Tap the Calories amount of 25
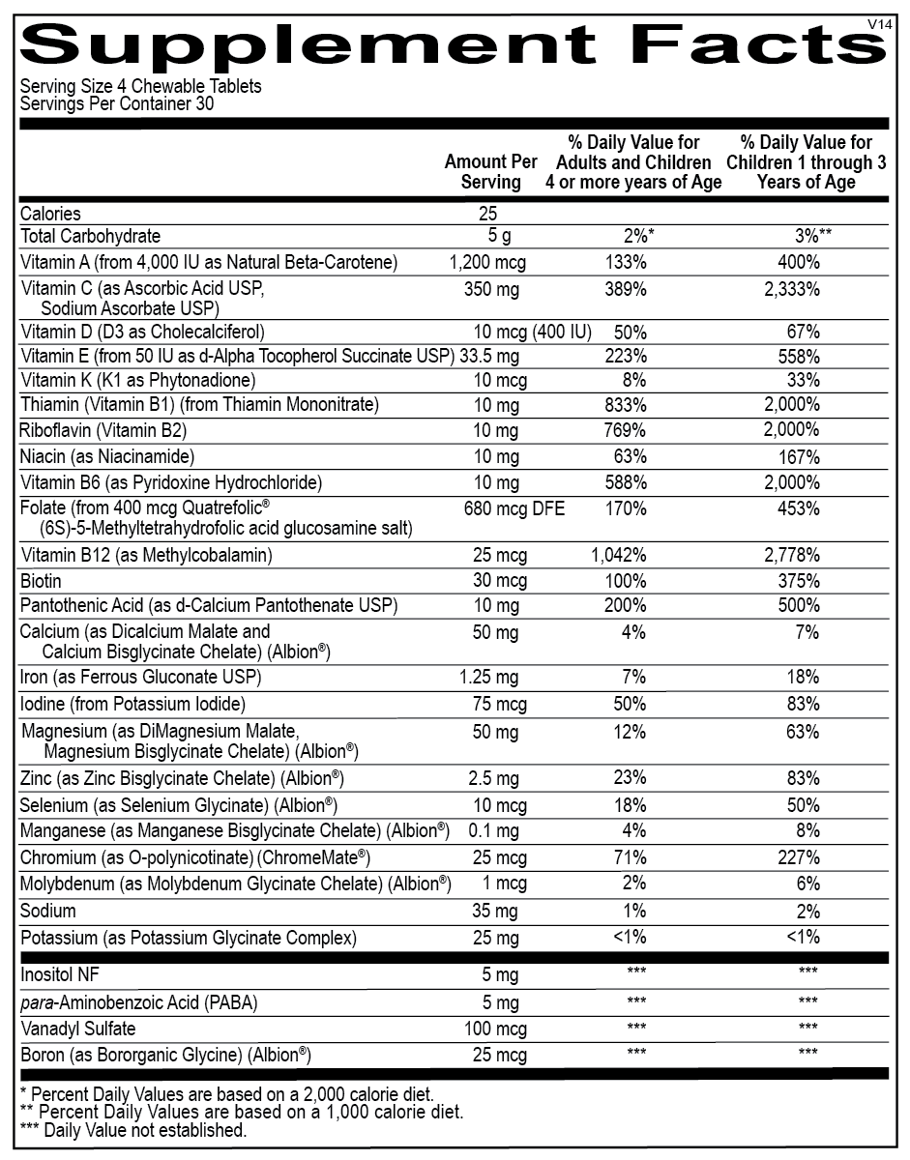(486, 214)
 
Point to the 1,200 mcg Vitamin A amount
(488, 262)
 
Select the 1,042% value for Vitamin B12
(619, 555)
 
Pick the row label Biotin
(41, 581)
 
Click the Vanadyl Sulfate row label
(78, 1028)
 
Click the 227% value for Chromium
(802, 857)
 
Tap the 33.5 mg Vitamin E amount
(487, 356)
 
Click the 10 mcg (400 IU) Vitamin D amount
(532, 332)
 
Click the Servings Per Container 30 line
(117, 102)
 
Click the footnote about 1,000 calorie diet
(241, 1112)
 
